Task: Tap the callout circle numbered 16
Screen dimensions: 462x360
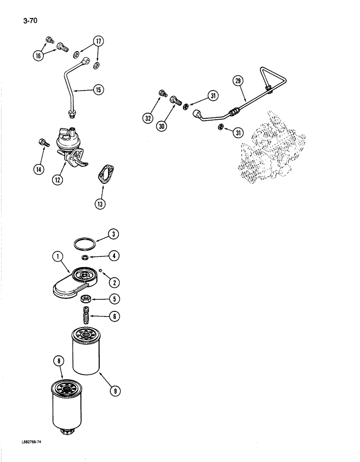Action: coord(38,56)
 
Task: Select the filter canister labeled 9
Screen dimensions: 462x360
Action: coord(87,353)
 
